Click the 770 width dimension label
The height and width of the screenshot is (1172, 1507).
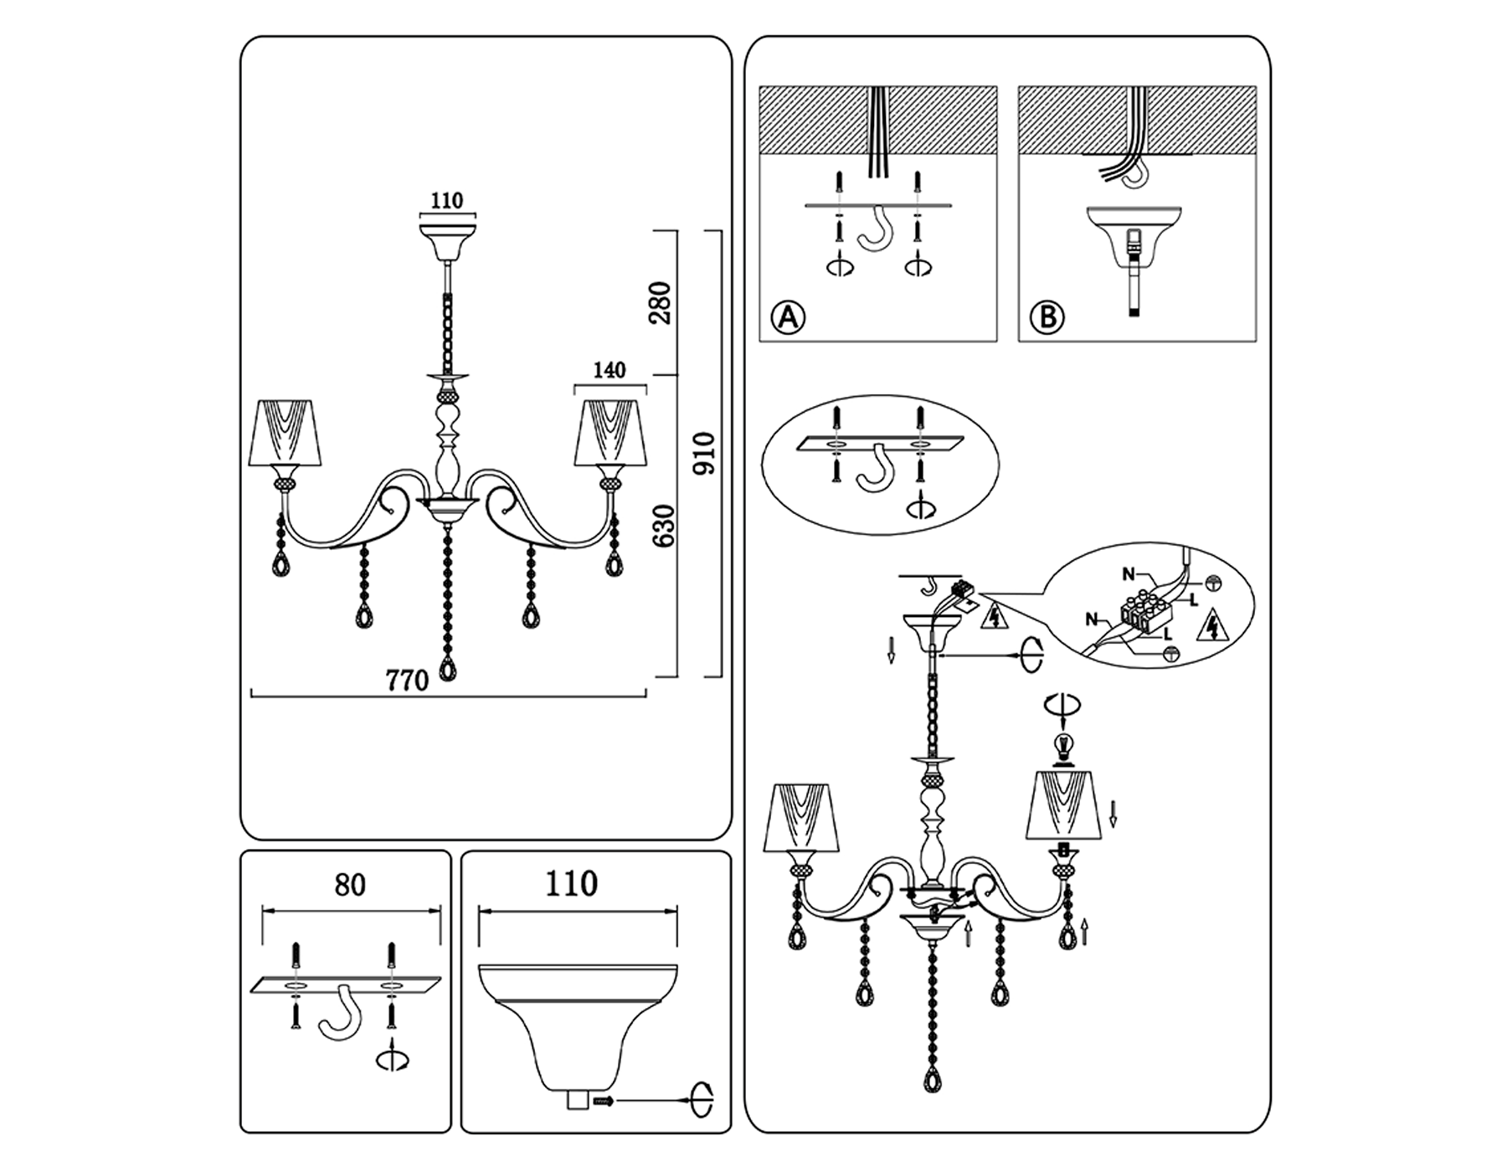point(407,680)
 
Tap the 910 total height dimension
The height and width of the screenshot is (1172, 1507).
point(706,453)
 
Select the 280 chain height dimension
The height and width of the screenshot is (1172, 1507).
point(661,303)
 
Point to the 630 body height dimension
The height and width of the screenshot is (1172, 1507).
point(663,526)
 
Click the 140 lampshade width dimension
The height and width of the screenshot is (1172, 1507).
point(609,370)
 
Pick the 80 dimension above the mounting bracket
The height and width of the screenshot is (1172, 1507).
point(350,885)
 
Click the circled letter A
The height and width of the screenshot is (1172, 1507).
point(788,317)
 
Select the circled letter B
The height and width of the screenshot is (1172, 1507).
point(1047,317)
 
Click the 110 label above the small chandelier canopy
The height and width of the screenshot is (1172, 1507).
point(446,201)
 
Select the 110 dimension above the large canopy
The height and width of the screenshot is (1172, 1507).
point(571,884)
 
